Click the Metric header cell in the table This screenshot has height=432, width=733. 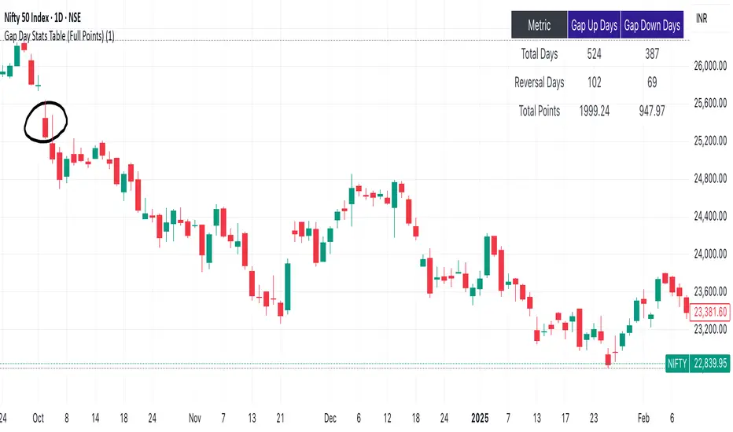[x=539, y=26]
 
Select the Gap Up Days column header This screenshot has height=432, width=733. [x=593, y=26]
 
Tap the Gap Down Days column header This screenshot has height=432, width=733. [x=652, y=26]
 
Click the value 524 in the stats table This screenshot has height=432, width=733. [x=593, y=55]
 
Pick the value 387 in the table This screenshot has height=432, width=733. [x=652, y=55]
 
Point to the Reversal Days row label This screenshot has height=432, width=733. [x=539, y=82]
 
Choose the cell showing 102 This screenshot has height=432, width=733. [x=593, y=82]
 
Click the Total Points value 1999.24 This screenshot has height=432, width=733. [x=593, y=111]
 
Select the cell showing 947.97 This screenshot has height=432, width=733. [x=652, y=111]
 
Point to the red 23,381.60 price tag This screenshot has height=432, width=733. [x=710, y=311]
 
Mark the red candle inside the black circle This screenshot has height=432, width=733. [x=46, y=126]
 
